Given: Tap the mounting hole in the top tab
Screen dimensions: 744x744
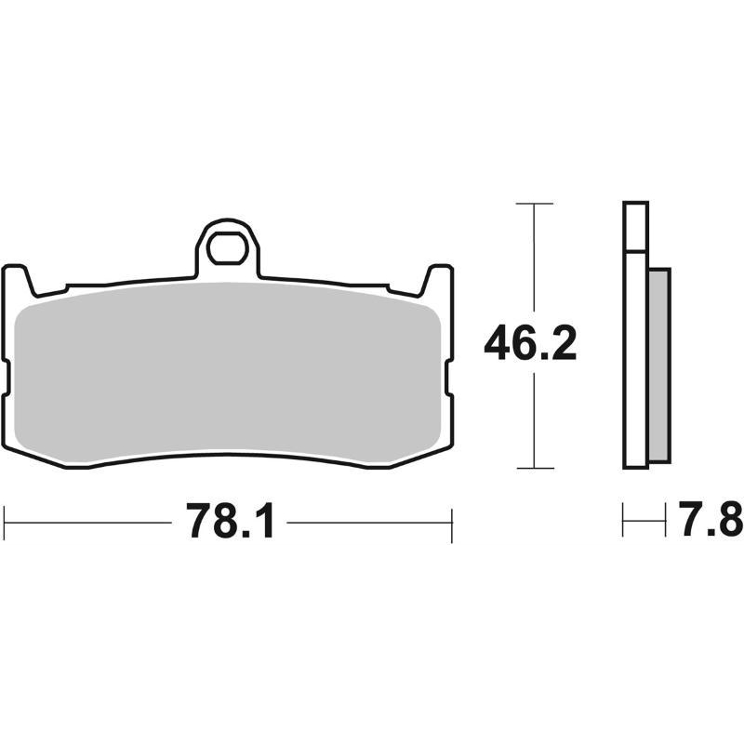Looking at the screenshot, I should point(226,248).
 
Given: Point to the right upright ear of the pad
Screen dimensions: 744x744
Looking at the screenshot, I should point(437,279).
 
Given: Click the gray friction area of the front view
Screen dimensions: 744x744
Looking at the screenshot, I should point(228,372).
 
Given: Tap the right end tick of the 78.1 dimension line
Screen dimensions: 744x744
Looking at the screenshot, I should point(451,523).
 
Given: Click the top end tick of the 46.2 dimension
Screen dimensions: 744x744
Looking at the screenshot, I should point(533,202).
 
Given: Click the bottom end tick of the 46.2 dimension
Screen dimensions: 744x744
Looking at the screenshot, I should point(533,468).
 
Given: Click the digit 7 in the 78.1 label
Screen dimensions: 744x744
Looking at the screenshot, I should point(199,522).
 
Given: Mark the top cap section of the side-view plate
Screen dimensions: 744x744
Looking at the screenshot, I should point(635,226).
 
